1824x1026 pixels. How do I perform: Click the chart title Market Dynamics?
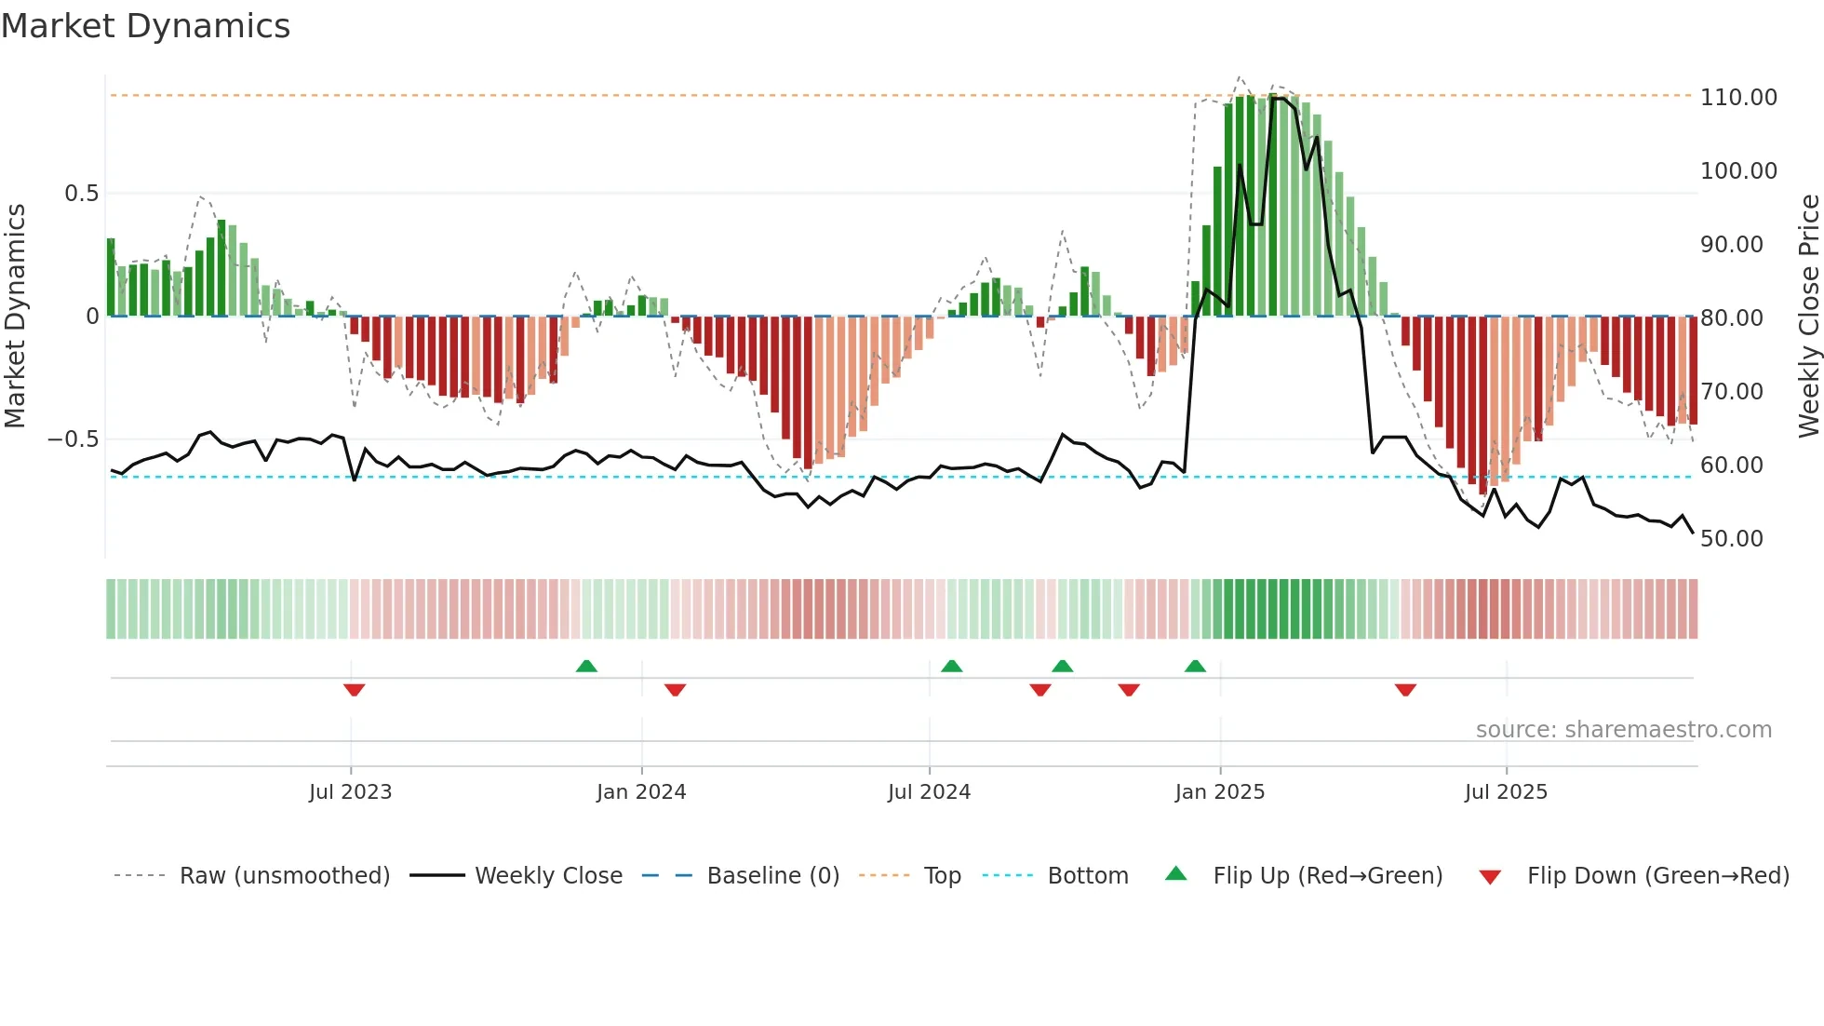pyautogui.click(x=145, y=26)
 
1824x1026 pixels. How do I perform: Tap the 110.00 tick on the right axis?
pyautogui.click(x=1737, y=98)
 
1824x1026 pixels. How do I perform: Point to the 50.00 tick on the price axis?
pyautogui.click(x=1731, y=539)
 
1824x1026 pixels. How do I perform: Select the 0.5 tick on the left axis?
pyautogui.click(x=81, y=194)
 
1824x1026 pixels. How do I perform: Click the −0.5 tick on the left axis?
pyautogui.click(x=74, y=439)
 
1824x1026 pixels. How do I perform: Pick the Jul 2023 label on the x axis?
pyautogui.click(x=350, y=792)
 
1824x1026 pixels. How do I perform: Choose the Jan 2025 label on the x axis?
pyautogui.click(x=1219, y=792)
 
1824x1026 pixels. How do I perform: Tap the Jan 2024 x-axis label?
pyautogui.click(x=641, y=792)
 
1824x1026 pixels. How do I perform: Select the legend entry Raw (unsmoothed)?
pyautogui.click(x=284, y=876)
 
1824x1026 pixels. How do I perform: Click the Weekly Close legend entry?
pyautogui.click(x=548, y=876)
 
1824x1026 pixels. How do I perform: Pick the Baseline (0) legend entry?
pyautogui.click(x=772, y=876)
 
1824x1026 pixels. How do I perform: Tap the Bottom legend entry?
pyautogui.click(x=1087, y=876)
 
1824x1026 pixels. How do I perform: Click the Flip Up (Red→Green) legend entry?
pyautogui.click(x=1327, y=876)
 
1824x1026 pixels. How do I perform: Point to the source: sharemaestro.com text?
pyautogui.click(x=1623, y=730)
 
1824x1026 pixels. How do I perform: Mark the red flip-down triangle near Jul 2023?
pyautogui.click(x=354, y=690)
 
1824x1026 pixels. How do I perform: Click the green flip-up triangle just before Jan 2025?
pyautogui.click(x=1195, y=666)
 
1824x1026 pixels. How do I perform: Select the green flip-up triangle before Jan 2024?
pyautogui.click(x=586, y=666)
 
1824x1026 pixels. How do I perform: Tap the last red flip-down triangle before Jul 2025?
pyautogui.click(x=1405, y=690)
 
